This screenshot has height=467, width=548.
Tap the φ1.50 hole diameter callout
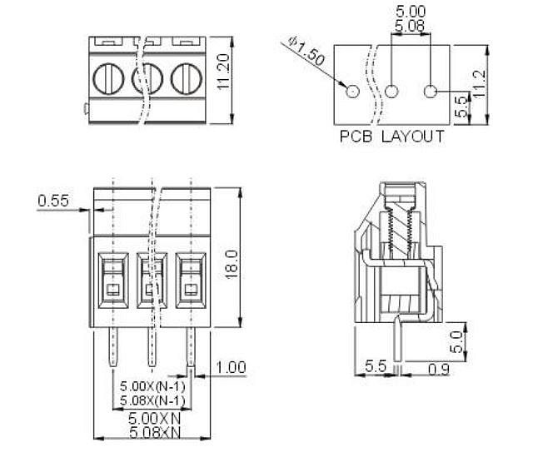(x=307, y=50)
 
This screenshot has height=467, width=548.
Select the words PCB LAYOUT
(x=391, y=137)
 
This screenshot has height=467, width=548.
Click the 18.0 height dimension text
(x=232, y=265)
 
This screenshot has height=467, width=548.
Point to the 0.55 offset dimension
(x=53, y=201)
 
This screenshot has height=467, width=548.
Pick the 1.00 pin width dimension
(x=231, y=367)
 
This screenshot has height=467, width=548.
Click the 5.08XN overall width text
(x=155, y=433)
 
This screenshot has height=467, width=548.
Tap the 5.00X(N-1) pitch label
(x=152, y=386)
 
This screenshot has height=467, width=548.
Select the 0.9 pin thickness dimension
(x=439, y=370)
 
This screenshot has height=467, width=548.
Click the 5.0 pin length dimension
(x=456, y=342)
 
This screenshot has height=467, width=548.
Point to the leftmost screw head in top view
(x=108, y=78)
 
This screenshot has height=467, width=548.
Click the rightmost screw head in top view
(x=187, y=78)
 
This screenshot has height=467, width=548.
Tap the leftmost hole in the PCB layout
(x=352, y=92)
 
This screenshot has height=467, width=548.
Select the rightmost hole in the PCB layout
(x=431, y=92)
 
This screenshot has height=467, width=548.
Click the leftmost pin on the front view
(x=113, y=347)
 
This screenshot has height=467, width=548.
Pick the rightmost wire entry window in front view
(x=191, y=281)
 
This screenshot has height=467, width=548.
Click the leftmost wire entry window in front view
(x=113, y=281)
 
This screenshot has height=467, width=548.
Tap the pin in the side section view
(x=397, y=338)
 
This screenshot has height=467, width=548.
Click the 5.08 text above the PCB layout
(x=410, y=27)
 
